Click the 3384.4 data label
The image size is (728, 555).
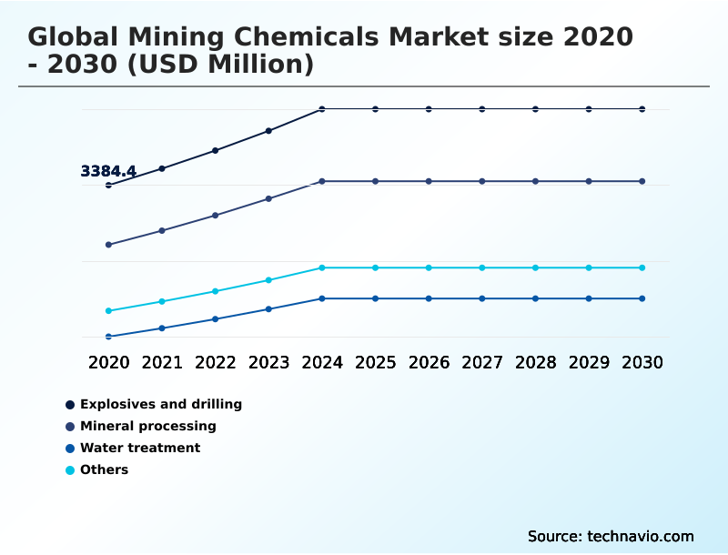coord(108,171)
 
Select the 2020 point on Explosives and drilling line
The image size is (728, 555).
coord(109,185)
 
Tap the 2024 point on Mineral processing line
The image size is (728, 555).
coord(322,181)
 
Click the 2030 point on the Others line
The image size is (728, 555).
coord(642,267)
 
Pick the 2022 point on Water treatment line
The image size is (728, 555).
coord(216,318)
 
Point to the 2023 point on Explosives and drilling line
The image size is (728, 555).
coord(268,131)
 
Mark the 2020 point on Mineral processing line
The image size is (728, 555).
coord(109,245)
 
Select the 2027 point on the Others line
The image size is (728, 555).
coord(482,267)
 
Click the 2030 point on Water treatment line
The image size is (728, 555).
coord(642,298)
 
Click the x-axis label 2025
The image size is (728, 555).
coord(375,362)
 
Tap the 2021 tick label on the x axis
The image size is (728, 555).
coord(162,362)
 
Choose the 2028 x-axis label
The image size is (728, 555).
coord(535,362)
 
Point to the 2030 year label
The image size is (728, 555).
coord(642,362)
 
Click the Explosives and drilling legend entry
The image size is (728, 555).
coord(160,404)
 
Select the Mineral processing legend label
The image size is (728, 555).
coord(147,426)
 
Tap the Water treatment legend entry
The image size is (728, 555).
coord(139,448)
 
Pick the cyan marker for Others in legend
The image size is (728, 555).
coord(70,470)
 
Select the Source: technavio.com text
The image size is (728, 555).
coord(611,536)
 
